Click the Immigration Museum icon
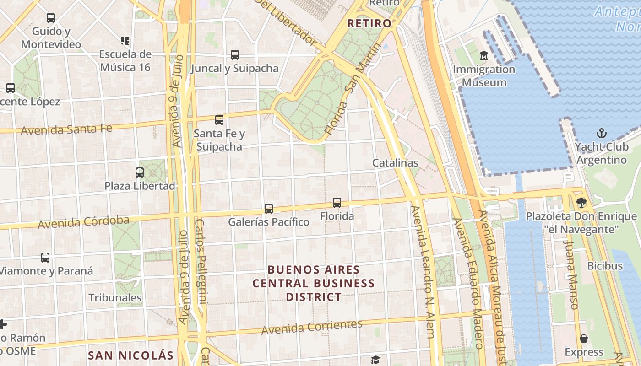(484, 56)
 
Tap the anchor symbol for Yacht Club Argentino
(602, 134)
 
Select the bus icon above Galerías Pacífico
(269, 209)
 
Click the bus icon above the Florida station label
(337, 202)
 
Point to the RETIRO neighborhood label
(369, 23)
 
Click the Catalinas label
(395, 163)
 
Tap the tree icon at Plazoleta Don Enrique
(581, 202)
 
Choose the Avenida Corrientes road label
(312, 327)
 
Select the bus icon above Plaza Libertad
(140, 172)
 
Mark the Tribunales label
(115, 298)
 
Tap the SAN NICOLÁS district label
(131, 355)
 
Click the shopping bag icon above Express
(584, 339)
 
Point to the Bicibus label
(605, 266)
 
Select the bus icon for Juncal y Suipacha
(235, 55)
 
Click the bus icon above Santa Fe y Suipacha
(219, 120)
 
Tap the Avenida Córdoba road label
(83, 223)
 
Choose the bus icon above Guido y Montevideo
(51, 18)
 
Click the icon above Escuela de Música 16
(125, 41)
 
